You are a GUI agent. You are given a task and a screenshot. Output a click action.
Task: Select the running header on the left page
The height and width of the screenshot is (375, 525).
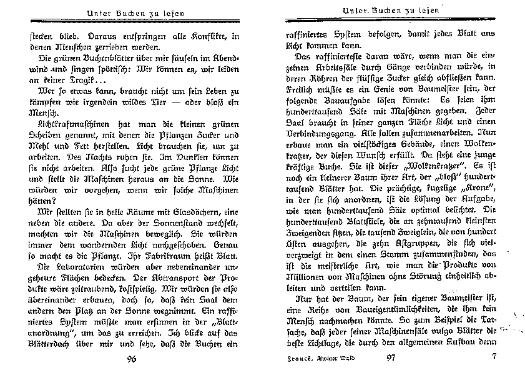coord(131,14)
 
